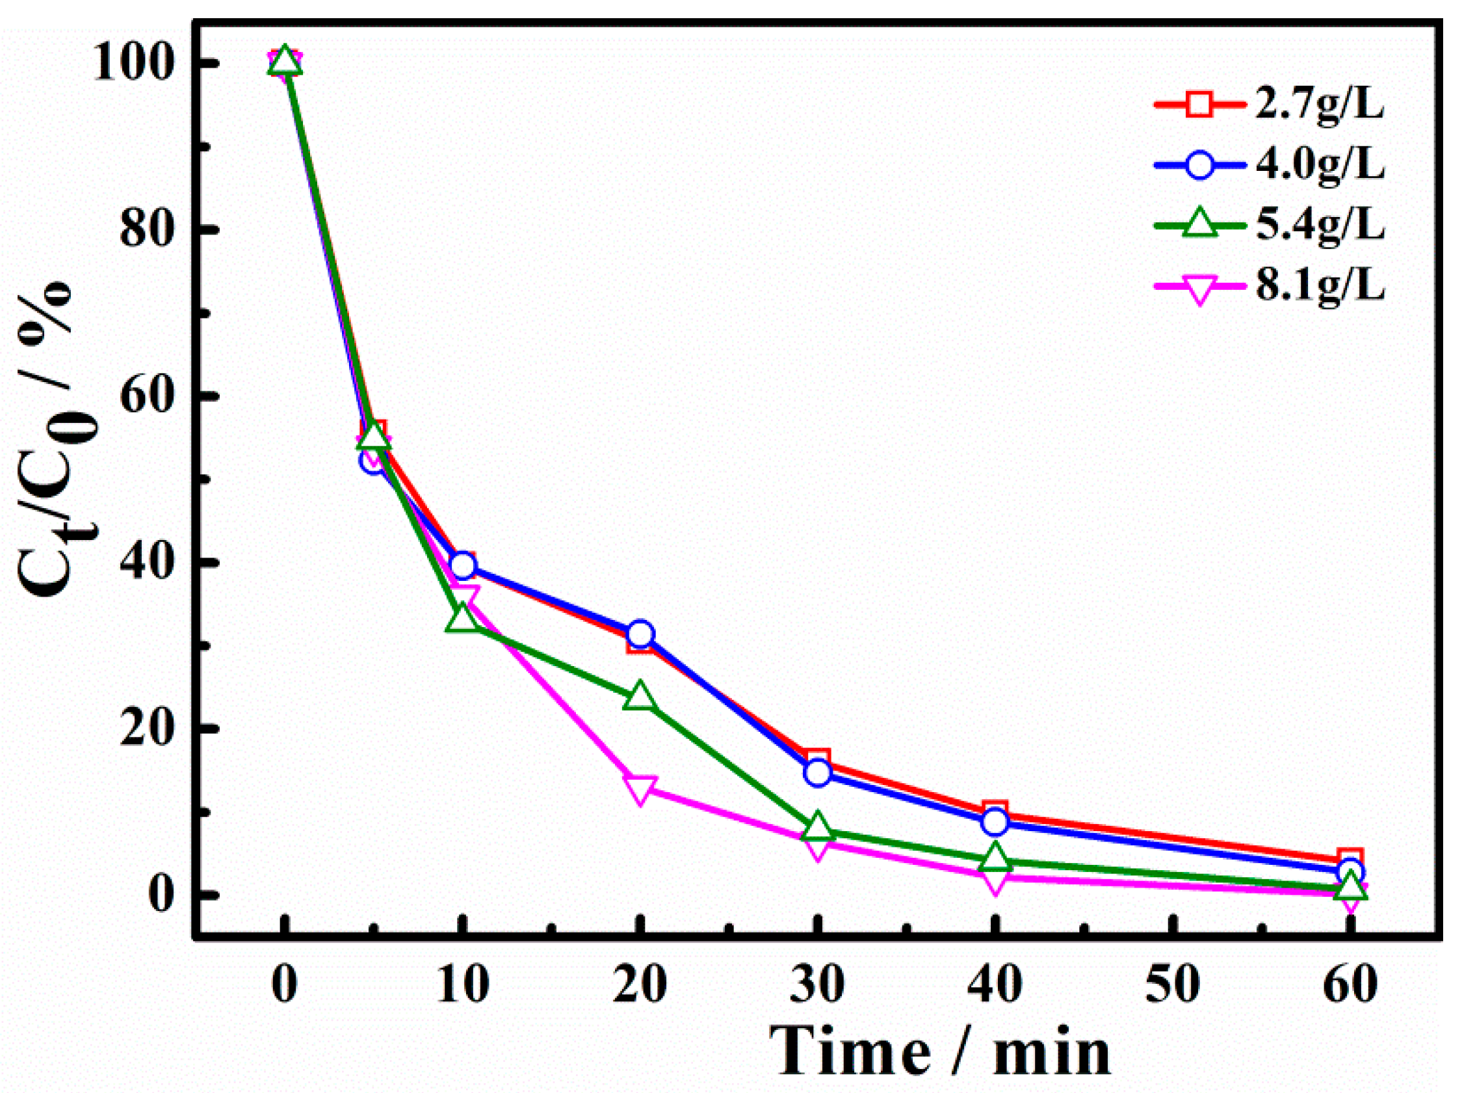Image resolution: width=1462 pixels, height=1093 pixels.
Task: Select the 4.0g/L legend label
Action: [1319, 164]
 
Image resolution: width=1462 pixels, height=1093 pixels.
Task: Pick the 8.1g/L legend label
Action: [1319, 286]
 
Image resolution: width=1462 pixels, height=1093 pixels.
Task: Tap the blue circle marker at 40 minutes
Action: [995, 823]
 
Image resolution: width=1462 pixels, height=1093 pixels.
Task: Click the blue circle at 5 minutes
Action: [372, 461]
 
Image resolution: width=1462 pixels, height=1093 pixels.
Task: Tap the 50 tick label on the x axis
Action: [1173, 985]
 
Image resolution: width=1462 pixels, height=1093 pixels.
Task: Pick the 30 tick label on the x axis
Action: [818, 985]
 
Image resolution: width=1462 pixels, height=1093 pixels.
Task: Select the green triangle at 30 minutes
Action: [818, 829]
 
